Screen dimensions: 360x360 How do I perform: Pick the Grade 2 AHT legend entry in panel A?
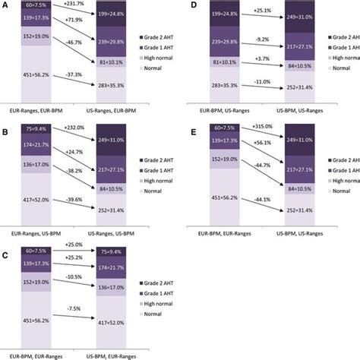coord(164,36)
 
